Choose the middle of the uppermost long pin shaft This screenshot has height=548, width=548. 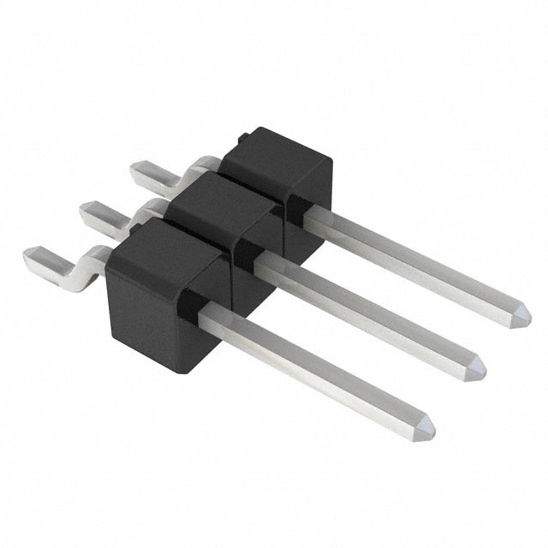tap(411, 257)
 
